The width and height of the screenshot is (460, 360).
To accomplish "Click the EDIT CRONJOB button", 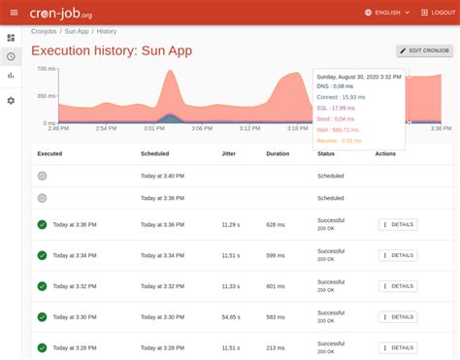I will pos(425,50).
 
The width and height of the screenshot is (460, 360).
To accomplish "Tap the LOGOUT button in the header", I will pos(431,13).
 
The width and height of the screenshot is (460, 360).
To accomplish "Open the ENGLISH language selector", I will pos(388,13).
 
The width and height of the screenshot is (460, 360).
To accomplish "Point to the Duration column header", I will pos(279,153).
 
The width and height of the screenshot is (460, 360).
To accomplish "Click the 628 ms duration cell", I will pos(277,224).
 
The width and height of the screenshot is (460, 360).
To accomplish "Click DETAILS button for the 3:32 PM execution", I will pos(397,286).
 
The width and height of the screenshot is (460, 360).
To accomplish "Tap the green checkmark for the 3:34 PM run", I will pos(42,255).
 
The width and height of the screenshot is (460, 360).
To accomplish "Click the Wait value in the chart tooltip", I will pos(338,129).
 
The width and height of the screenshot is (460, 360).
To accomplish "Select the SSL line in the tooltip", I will pos(336,108).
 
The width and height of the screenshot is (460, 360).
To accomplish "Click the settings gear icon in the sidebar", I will pos(11,100).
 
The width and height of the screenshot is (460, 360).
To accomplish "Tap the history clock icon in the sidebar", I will pos(11,56).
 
